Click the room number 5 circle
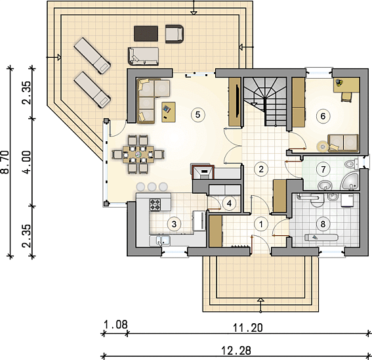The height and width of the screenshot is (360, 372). tap(197, 115)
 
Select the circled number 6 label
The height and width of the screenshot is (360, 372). tap(323, 116)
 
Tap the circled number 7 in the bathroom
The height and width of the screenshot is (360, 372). tap(323, 169)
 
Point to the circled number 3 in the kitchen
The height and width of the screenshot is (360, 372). tap(174, 224)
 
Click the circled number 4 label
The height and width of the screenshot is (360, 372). tap(229, 204)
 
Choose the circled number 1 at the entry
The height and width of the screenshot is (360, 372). tap(261, 224)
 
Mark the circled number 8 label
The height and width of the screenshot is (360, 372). tap(323, 224)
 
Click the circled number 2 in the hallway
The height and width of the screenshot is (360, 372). tap(261, 169)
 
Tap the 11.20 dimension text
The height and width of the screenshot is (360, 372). tap(248, 328)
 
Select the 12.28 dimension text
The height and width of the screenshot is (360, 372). tap(236, 351)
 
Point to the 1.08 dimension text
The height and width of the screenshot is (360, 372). tap(115, 325)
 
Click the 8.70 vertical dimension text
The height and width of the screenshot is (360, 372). tap(5, 162)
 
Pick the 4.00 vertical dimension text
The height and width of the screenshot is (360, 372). tap(27, 162)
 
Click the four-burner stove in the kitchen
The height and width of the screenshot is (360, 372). tap(155, 205)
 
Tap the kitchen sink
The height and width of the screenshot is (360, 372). tap(159, 240)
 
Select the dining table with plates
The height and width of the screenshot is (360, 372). tap(138, 154)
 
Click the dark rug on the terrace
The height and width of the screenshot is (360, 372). tap(146, 34)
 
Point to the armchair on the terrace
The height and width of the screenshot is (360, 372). tap(175, 34)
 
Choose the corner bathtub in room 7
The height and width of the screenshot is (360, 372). tap(350, 181)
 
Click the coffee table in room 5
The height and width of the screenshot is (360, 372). tap(169, 112)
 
